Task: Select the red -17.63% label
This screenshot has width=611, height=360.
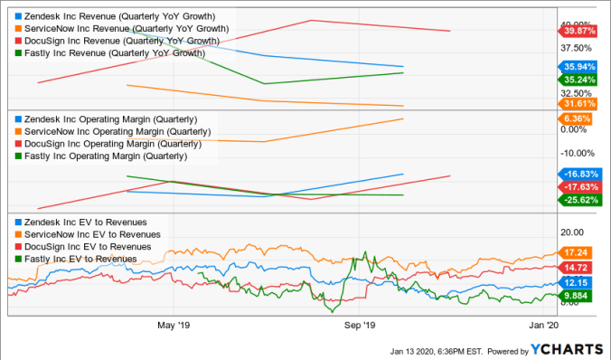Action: click(x=576, y=186)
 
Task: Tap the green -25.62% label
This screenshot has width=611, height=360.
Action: click(x=576, y=200)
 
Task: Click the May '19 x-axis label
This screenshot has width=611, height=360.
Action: click(x=174, y=323)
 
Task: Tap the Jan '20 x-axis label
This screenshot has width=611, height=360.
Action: click(x=543, y=323)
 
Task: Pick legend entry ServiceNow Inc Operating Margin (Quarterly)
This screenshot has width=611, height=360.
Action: click(x=108, y=131)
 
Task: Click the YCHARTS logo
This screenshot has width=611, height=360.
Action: click(x=566, y=350)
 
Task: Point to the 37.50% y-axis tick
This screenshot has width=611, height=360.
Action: click(x=575, y=48)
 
